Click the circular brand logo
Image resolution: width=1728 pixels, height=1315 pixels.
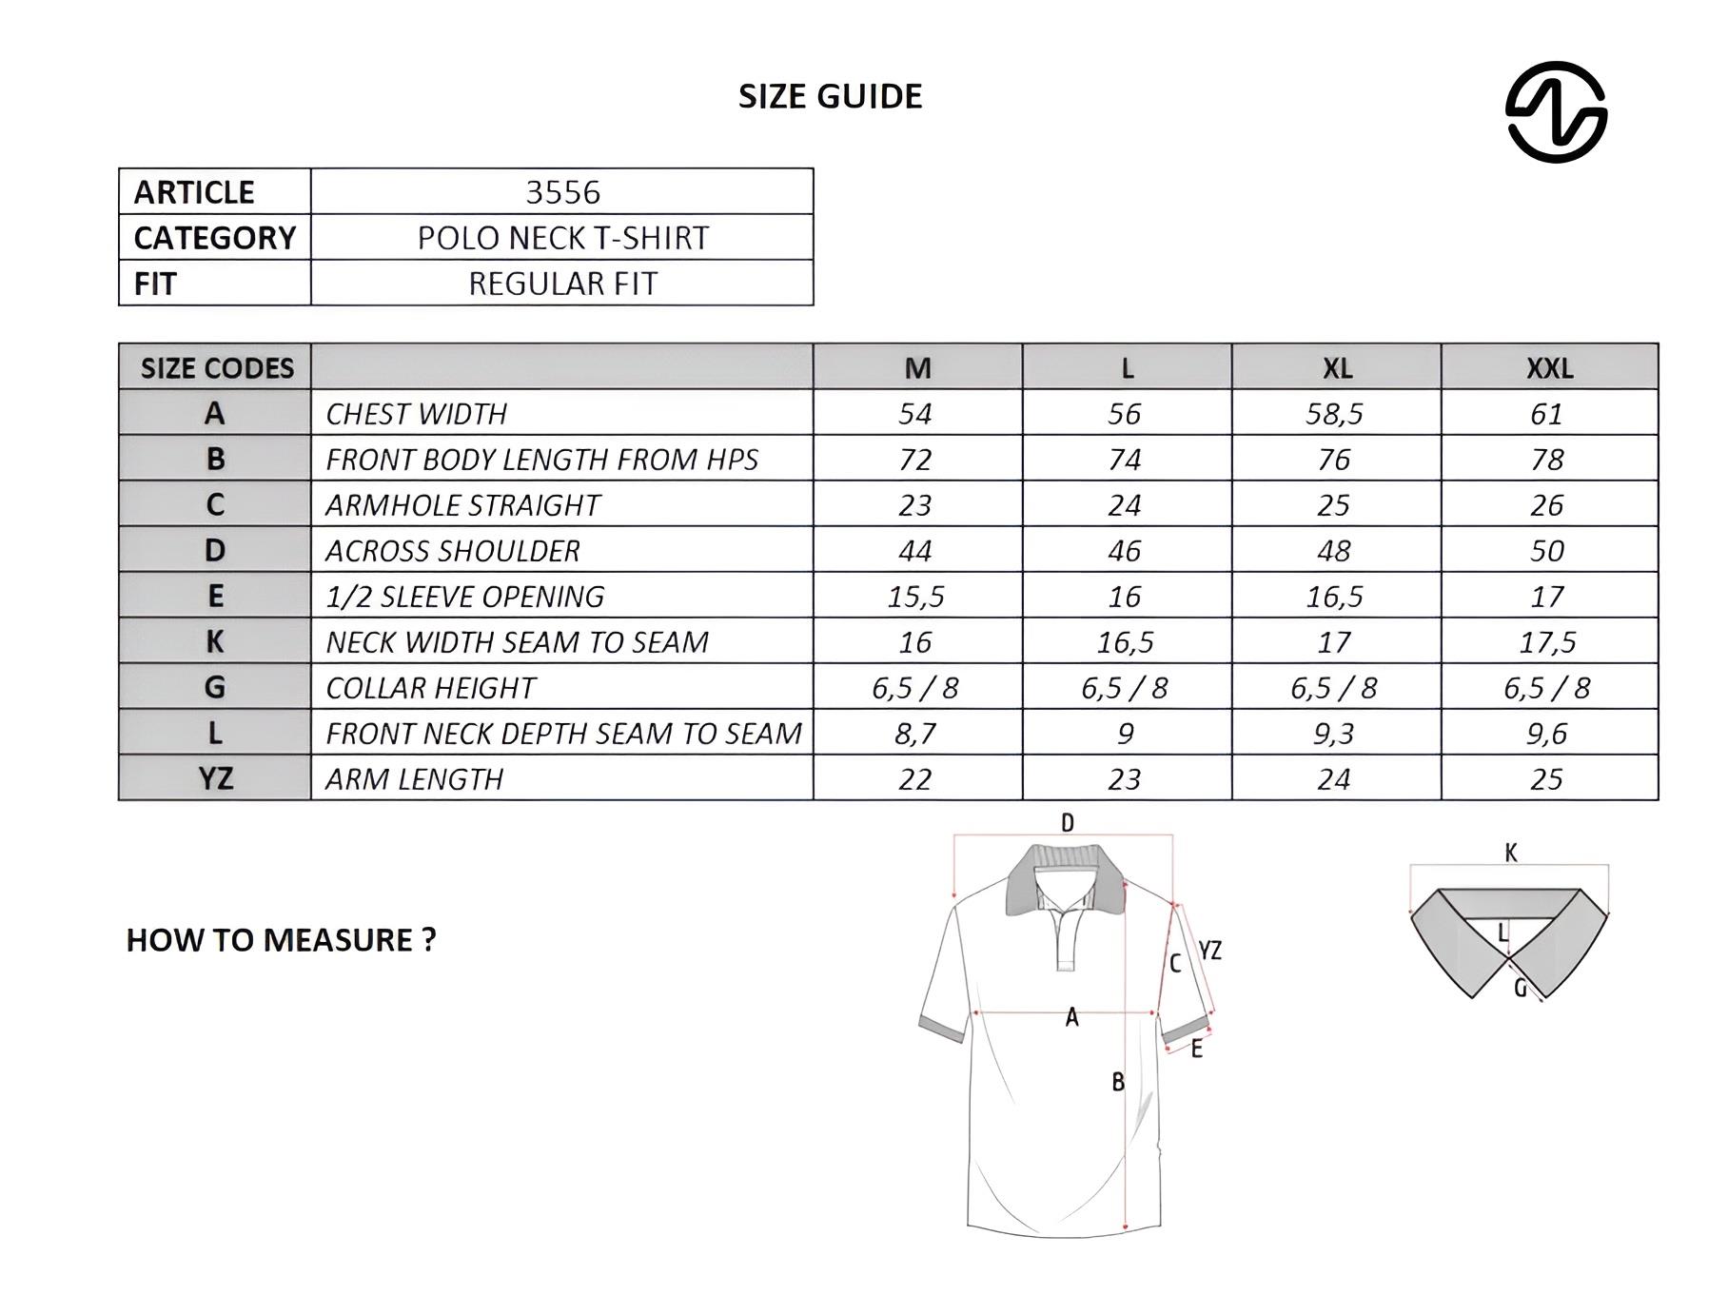tap(1556, 112)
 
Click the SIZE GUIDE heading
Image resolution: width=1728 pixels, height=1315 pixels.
tap(830, 96)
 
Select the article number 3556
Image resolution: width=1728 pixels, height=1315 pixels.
tap(562, 192)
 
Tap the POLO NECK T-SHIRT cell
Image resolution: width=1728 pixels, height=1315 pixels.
tap(562, 238)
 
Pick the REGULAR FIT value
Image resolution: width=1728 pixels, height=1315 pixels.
tap(562, 284)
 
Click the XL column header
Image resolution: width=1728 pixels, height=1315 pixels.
tap(1337, 368)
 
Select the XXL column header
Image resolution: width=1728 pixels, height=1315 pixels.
tap(1549, 368)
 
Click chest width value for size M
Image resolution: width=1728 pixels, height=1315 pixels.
tap(915, 414)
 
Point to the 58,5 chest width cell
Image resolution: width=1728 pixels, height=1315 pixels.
tap(1334, 414)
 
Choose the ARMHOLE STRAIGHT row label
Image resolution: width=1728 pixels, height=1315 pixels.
tap(462, 505)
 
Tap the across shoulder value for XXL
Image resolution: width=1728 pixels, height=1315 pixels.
tap(1547, 551)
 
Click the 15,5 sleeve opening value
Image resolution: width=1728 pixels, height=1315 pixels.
tap(915, 597)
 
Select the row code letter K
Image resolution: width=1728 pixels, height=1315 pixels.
tap(215, 642)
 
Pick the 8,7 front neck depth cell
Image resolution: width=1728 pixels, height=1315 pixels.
tap(915, 734)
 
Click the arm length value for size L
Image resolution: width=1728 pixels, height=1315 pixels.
tap(1125, 779)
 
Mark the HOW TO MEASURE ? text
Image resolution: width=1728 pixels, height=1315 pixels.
tap(281, 940)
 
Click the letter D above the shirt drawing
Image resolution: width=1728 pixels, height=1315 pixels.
tap(1067, 823)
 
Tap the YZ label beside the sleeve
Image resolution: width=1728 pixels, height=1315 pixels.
tap(1209, 950)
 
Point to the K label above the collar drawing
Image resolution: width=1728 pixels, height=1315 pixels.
tap(1511, 853)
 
